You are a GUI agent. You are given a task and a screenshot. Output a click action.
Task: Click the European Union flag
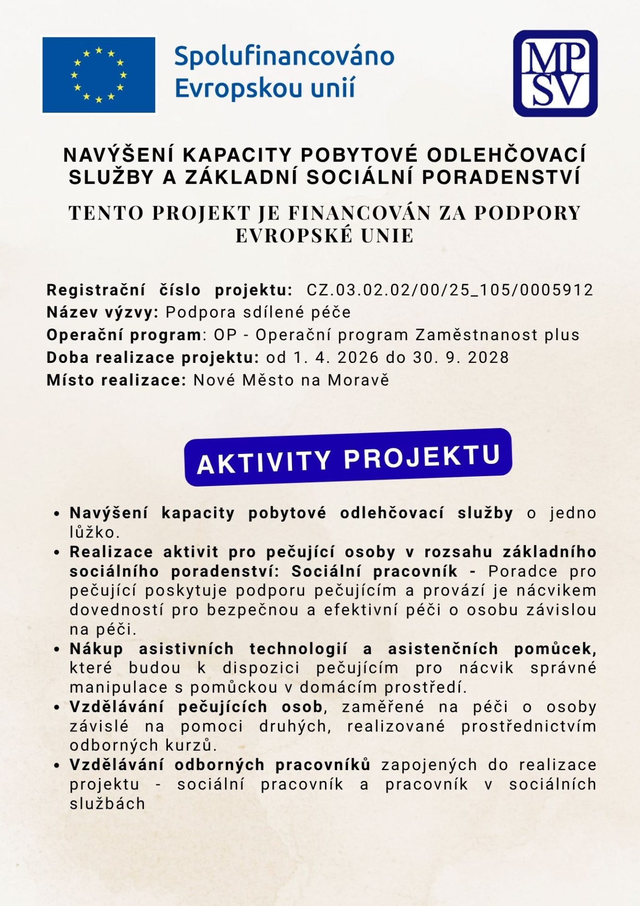pyautogui.click(x=99, y=75)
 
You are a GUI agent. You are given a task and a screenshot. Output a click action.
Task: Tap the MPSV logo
pyautogui.click(x=555, y=73)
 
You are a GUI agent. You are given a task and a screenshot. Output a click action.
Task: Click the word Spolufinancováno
pyautogui.click(x=284, y=56)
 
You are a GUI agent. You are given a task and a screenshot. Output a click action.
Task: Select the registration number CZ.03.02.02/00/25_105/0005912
pyautogui.click(x=449, y=290)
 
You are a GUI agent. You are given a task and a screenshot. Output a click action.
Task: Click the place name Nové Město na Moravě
pyautogui.click(x=291, y=380)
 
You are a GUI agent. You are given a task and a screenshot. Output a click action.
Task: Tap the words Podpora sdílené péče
pyautogui.click(x=258, y=312)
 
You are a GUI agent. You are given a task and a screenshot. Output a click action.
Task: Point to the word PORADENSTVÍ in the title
pyautogui.click(x=501, y=177)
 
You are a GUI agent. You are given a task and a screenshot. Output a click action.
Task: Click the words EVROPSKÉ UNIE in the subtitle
pyautogui.click(x=324, y=235)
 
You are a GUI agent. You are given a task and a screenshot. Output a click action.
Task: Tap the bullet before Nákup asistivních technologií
pyautogui.click(x=57, y=649)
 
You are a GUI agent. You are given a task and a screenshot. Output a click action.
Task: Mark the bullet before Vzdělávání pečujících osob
pyautogui.click(x=57, y=707)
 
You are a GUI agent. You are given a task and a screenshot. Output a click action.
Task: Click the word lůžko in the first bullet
pyautogui.click(x=94, y=533)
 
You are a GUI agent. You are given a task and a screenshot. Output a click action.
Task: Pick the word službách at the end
pyautogui.click(x=107, y=804)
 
